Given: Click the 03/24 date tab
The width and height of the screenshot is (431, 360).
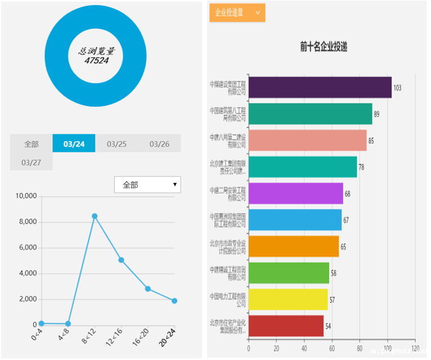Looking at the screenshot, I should [74, 143].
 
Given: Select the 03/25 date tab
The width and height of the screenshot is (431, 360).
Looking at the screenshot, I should [116, 143].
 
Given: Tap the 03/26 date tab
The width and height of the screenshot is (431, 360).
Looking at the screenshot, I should [159, 143].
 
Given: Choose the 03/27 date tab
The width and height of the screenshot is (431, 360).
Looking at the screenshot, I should [31, 162].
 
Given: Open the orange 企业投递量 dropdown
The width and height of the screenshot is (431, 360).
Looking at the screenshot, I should [237, 13].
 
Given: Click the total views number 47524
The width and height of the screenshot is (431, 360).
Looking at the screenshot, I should [96, 60].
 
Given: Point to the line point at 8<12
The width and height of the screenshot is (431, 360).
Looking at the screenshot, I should [95, 216].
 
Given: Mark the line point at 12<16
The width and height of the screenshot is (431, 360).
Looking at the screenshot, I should [121, 260].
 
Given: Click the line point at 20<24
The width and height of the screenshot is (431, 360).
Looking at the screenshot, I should [174, 301].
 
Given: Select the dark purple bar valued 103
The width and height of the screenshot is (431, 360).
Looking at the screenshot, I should [320, 87].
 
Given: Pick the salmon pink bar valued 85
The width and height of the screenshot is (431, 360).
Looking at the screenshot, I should [307, 141].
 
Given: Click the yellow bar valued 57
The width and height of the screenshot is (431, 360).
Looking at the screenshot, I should [288, 299].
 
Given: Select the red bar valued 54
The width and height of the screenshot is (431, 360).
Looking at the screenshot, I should [286, 326].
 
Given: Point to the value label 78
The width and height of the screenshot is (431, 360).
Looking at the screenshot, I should [361, 167].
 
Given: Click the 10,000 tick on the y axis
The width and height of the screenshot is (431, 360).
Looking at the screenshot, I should [26, 196].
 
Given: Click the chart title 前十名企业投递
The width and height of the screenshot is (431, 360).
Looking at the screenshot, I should [324, 48].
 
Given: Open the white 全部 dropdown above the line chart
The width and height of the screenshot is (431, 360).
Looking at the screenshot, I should [147, 184].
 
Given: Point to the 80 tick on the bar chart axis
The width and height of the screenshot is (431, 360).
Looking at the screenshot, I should [360, 348].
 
